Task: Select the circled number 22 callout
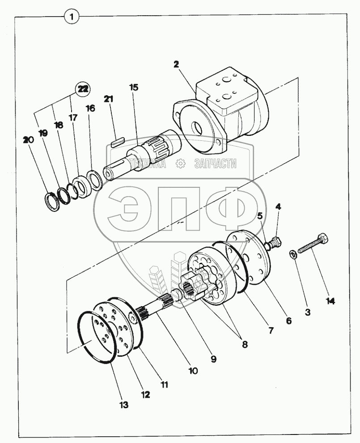click(82, 89)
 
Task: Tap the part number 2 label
click(176, 64)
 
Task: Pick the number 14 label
click(330, 301)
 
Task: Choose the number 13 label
click(124, 405)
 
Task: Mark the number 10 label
click(193, 371)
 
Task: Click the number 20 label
click(28, 140)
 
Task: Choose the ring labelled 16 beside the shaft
click(96, 180)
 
